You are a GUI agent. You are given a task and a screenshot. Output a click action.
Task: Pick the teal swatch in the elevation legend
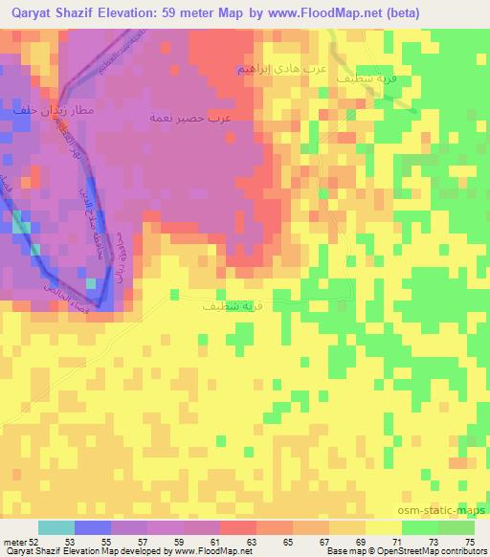coord(56,527)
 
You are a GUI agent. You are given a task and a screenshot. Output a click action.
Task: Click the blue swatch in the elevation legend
coord(92,527)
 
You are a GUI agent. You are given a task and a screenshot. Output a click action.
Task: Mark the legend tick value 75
coord(468,541)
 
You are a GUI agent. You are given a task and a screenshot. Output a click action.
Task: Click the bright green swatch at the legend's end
coord(457,527)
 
